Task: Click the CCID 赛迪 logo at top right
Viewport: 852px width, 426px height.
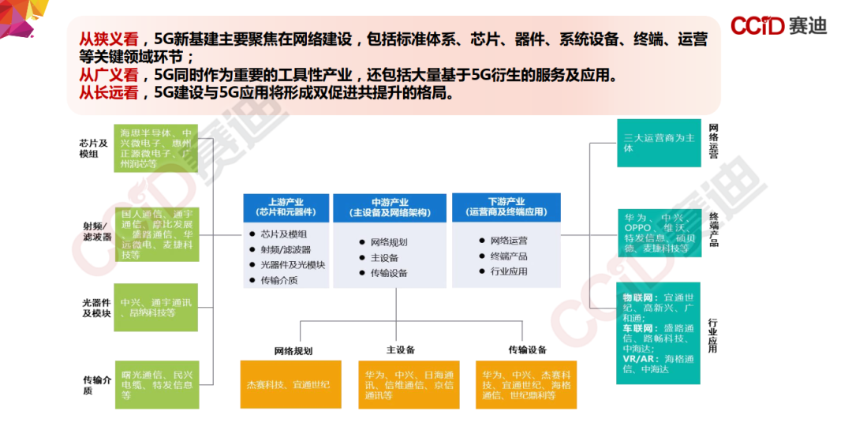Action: pos(778,26)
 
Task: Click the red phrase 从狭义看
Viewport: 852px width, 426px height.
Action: pos(108,39)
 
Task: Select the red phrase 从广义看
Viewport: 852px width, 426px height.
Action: pos(108,75)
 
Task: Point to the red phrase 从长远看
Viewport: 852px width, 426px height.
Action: pos(108,93)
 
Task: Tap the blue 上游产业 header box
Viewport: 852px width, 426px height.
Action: pos(286,207)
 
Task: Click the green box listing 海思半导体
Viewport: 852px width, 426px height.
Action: pos(155,148)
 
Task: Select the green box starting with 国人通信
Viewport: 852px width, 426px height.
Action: pos(155,234)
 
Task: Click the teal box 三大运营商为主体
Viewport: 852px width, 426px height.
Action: pos(659,143)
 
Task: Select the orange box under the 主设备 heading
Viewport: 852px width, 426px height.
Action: pos(409,385)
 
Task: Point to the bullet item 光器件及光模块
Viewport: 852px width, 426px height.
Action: pos(293,264)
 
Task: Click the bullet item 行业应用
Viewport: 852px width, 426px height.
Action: pos(509,271)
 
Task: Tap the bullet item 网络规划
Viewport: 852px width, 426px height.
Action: pos(389,242)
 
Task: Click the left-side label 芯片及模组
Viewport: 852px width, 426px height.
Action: pos(93,148)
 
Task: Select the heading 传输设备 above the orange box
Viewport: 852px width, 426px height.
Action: pos(527,349)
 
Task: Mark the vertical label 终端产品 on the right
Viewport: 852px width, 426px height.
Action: pos(713,230)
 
